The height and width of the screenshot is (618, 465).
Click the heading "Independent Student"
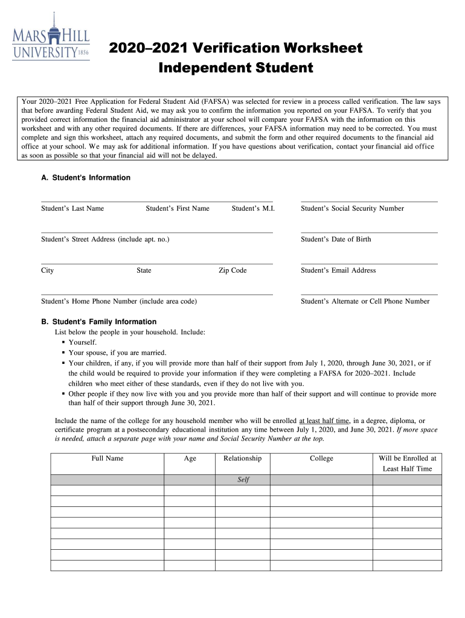tap(236, 68)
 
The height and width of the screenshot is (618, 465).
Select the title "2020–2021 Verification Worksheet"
tap(236, 48)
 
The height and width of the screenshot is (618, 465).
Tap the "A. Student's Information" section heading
tap(85, 178)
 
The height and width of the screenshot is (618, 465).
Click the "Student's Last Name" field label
tap(72, 209)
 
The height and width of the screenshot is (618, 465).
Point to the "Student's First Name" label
tap(178, 209)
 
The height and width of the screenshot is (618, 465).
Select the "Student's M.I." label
tap(253, 209)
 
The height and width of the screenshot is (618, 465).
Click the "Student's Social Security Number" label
tap(352, 209)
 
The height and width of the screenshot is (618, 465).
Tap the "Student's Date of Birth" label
tap(336, 240)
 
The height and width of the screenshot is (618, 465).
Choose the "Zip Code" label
tap(232, 270)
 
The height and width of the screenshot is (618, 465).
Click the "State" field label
tap(144, 270)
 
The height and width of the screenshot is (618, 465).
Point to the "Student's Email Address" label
tap(338, 270)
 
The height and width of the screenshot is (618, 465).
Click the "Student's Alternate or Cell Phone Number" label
tap(365, 301)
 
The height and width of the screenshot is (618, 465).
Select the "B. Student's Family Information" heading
tap(98, 322)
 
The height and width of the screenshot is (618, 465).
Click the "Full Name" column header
tap(107, 459)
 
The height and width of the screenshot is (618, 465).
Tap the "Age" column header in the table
tap(190, 459)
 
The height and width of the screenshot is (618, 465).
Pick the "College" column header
tap(321, 459)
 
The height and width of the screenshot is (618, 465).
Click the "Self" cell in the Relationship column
tap(243, 480)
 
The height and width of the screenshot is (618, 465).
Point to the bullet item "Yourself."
tap(82, 342)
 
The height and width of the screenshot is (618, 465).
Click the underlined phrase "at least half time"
tap(324, 421)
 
